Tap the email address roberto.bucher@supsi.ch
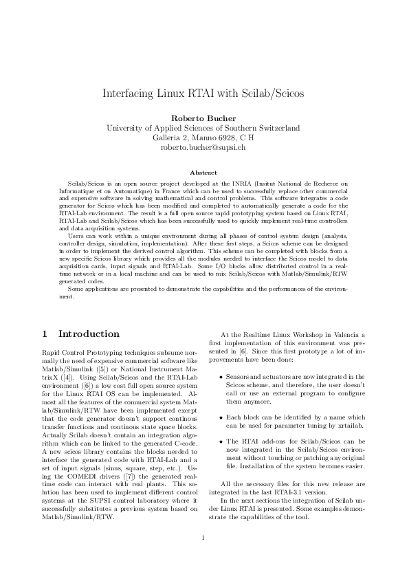pos(203,147)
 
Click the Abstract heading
pos(203,172)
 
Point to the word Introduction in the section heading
pos(89,334)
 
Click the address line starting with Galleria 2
pos(203,138)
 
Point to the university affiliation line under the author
pos(203,127)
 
